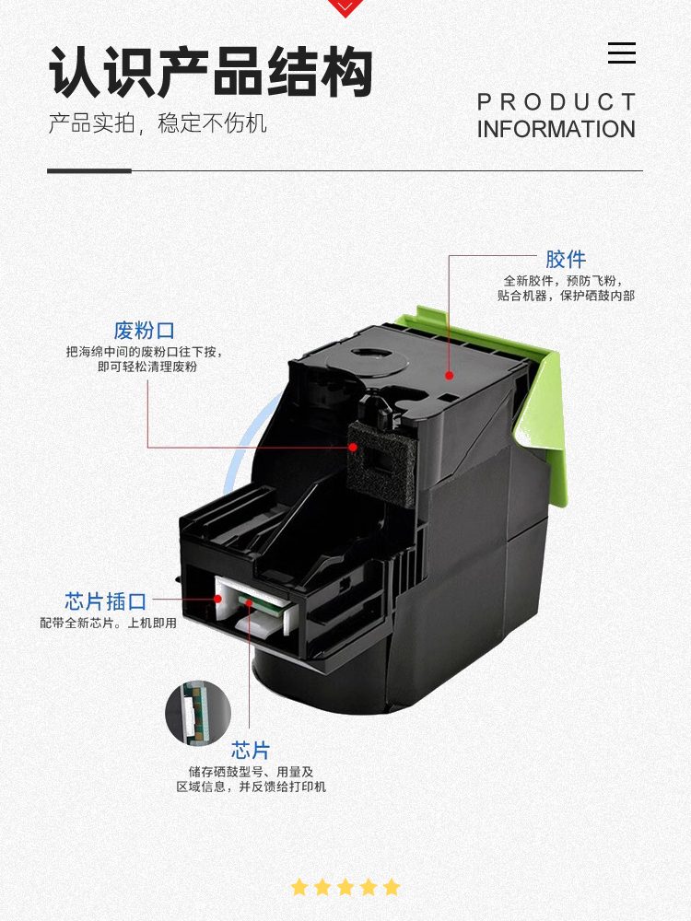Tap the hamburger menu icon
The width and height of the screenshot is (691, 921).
coord(622,53)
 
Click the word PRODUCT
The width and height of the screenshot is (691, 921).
coord(556,102)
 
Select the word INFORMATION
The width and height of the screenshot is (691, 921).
coord(556,130)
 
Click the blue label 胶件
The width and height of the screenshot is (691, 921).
coord(566,260)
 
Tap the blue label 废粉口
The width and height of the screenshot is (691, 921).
coord(145,331)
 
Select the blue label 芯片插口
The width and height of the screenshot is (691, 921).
coord(106,601)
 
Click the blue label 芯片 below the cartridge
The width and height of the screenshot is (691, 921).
coord(251,750)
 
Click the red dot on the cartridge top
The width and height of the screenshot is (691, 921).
coord(450,376)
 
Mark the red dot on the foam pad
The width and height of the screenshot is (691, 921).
coord(352,448)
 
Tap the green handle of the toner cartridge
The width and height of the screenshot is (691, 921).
coord(544,405)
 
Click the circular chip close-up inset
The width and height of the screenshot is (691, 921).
coord(198,713)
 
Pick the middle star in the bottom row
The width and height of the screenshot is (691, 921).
coord(345,887)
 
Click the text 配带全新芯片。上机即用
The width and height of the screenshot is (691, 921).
coord(108,624)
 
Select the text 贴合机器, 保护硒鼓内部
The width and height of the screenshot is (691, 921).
coord(566,297)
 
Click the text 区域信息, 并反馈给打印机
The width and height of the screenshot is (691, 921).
coord(252,787)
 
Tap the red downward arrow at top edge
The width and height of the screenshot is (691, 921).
coord(345,7)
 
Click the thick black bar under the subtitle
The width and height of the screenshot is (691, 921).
coord(89,170)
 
